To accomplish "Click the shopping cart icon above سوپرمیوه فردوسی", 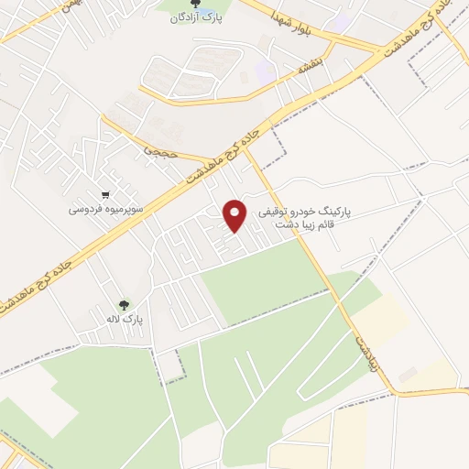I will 107,194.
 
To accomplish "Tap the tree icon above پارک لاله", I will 124,304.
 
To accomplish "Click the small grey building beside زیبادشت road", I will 408,374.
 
